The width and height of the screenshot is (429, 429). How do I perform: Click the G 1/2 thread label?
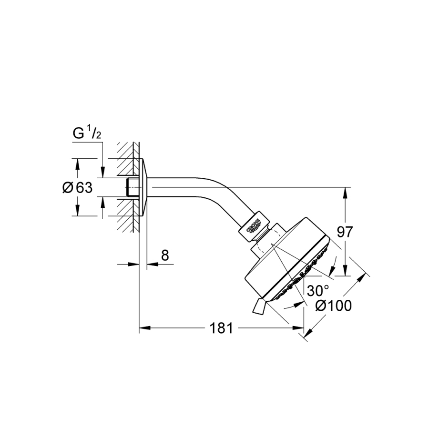[x=86, y=134]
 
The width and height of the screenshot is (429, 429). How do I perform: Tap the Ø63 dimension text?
[x=77, y=188]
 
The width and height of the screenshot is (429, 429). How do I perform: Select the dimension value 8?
[x=165, y=255]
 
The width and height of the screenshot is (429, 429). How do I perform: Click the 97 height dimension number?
[x=345, y=232]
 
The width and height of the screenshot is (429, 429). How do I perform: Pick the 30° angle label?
[x=318, y=290]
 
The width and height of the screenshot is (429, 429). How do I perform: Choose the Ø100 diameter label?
[x=334, y=306]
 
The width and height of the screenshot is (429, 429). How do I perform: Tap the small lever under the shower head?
[x=258, y=306]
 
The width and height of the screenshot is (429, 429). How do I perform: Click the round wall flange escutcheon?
[x=144, y=187]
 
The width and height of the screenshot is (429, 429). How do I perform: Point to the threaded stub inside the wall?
[x=133, y=187]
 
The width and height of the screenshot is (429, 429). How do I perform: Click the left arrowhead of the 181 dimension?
[x=143, y=328]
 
